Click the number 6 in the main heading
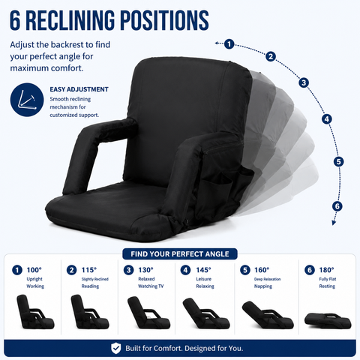[x=15, y=20]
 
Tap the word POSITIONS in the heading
[x=164, y=20]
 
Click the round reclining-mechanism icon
[x=27, y=100]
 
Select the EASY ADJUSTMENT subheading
[x=79, y=89]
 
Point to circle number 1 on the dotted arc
[x=229, y=44]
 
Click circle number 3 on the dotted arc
[x=304, y=82]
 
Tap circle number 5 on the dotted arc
[x=338, y=162]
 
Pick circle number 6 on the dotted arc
[x=337, y=206]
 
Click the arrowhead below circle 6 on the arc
[x=334, y=222]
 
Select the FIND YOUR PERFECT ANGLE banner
[x=180, y=254]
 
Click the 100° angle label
[x=34, y=270]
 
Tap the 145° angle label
[x=204, y=270]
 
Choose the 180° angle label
[x=326, y=270]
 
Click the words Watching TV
[x=151, y=286]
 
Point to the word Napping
[x=263, y=286]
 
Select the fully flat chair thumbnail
[x=328, y=321]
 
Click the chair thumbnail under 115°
[x=89, y=312]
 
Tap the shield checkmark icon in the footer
[x=115, y=348]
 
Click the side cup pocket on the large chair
[x=217, y=190]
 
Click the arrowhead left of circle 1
[x=217, y=43]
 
